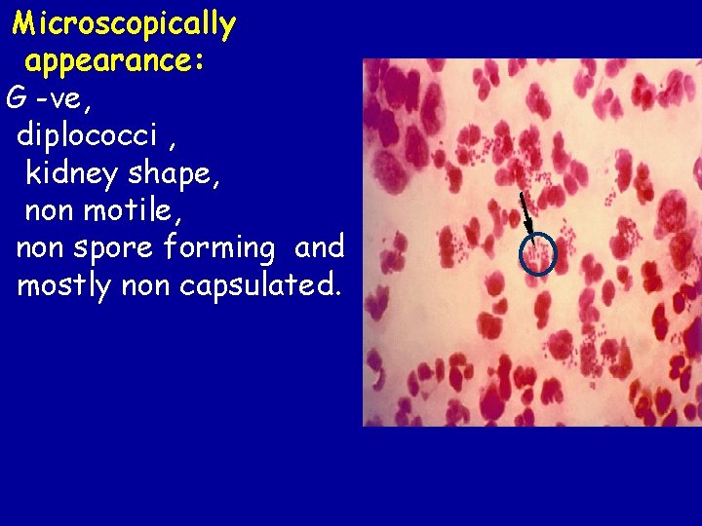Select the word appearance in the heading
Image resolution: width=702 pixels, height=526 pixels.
click(109, 61)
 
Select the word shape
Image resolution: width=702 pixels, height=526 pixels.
click(172, 173)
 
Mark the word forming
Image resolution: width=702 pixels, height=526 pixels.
click(220, 248)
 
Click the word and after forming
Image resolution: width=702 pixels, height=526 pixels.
click(319, 247)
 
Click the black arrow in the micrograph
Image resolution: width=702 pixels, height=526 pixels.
click(527, 214)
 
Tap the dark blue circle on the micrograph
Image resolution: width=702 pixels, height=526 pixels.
click(537, 254)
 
